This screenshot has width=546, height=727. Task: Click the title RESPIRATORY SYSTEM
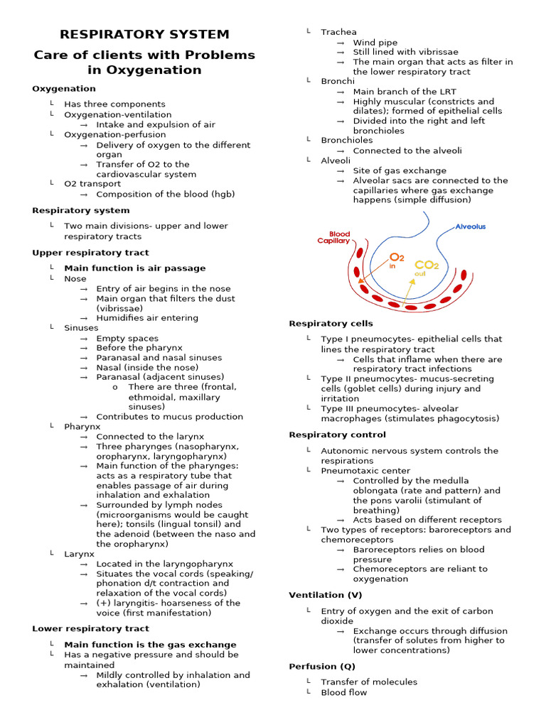[x=144, y=34]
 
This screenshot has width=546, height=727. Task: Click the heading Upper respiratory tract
[x=90, y=253]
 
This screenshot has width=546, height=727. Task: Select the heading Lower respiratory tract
[x=90, y=628]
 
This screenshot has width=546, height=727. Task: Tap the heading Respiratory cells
[x=331, y=324]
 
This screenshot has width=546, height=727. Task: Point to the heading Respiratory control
[x=337, y=434]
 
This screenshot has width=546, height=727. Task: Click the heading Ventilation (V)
[x=325, y=595]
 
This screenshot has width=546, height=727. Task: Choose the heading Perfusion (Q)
[x=322, y=667]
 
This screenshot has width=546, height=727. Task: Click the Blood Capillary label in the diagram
[x=334, y=237]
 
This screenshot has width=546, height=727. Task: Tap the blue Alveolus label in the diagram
[x=470, y=227]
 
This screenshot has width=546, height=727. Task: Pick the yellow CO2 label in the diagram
[x=426, y=266]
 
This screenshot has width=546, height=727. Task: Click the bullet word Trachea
[x=338, y=32]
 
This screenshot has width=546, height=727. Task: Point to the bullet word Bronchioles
[x=346, y=141]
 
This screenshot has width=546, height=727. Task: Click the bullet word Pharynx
[x=82, y=426]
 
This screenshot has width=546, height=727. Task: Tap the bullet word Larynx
[x=79, y=553]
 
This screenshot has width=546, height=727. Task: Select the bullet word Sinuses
[x=81, y=328]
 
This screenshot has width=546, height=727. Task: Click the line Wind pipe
[x=375, y=43]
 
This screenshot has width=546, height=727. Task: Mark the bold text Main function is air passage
[x=134, y=268]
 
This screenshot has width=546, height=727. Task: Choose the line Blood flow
[x=343, y=692]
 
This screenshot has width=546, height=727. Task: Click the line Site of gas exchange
[x=400, y=170]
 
